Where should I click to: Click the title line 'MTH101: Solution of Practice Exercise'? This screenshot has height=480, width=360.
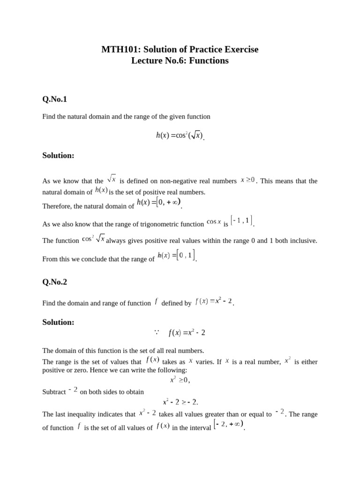click(180, 49)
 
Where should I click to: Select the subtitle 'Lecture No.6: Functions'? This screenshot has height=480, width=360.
click(180, 60)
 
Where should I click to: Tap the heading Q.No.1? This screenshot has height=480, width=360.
click(55, 99)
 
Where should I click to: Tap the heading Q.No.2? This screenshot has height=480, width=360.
click(55, 282)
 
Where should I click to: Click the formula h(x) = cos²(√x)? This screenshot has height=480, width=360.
click(180, 135)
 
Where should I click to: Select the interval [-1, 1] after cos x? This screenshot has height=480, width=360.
click(242, 220)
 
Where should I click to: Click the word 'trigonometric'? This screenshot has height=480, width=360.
click(160, 224)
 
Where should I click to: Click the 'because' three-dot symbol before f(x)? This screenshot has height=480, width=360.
click(157, 332)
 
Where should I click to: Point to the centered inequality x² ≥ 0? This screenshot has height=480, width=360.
click(180, 380)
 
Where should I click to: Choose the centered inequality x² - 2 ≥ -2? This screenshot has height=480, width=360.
click(180, 402)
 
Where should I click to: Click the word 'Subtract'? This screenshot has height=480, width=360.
click(54, 391)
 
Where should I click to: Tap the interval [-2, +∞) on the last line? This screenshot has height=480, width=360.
click(229, 425)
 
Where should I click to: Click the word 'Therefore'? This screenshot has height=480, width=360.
click(58, 206)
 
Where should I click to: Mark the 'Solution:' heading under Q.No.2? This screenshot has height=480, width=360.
click(58, 322)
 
